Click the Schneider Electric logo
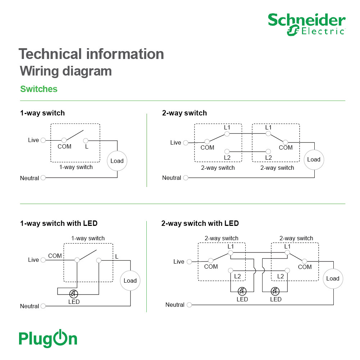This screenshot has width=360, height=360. tap(306, 24)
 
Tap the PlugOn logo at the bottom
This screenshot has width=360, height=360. tap(48, 338)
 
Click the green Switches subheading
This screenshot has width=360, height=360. tap(39, 89)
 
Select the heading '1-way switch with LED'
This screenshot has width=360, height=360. tap(59, 223)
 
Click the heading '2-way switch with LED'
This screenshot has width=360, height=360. tap(200, 223)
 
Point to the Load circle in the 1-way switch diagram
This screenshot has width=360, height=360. tap(117, 161)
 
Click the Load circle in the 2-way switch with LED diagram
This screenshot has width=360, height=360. tap(333, 278)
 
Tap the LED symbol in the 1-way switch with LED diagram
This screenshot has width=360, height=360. tap(73, 293)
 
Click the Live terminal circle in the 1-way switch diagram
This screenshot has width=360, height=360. tap(43, 140)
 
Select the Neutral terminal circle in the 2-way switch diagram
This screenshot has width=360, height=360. tap(186, 178)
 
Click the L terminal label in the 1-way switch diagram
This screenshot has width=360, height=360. tap(87, 147)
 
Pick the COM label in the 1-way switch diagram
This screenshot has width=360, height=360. tap(64, 147)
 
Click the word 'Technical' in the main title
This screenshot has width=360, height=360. tap(50, 54)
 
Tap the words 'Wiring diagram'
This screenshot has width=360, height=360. tap(65, 71)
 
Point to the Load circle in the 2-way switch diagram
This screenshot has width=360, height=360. tap(314, 159)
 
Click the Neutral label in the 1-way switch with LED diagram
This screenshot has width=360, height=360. tap(29, 306)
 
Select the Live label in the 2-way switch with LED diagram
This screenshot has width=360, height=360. tap(179, 261)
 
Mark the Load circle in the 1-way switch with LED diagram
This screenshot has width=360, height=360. tap(130, 281)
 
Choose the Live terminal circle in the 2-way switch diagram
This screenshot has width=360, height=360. tap(186, 143)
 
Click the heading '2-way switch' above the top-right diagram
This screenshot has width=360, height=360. tap(184, 113)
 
